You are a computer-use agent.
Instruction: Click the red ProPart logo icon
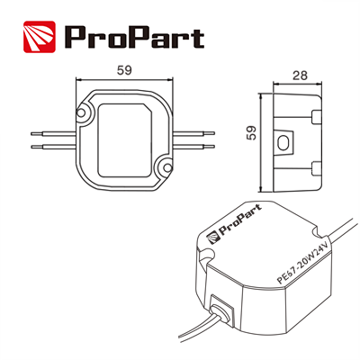coord(40,37)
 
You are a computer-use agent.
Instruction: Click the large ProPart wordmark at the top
coord(134,37)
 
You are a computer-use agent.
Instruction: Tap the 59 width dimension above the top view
coord(124,70)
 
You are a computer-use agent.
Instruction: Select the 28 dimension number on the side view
coord(300,76)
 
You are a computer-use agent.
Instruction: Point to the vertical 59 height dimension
coord(251,132)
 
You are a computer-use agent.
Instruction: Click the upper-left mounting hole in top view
coord(81,112)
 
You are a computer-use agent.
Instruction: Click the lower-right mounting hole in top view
coord(167,166)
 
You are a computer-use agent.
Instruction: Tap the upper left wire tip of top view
coord(31,133)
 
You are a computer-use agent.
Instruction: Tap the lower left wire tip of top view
coord(31,147)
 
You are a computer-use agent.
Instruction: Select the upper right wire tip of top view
coord(213,133)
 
